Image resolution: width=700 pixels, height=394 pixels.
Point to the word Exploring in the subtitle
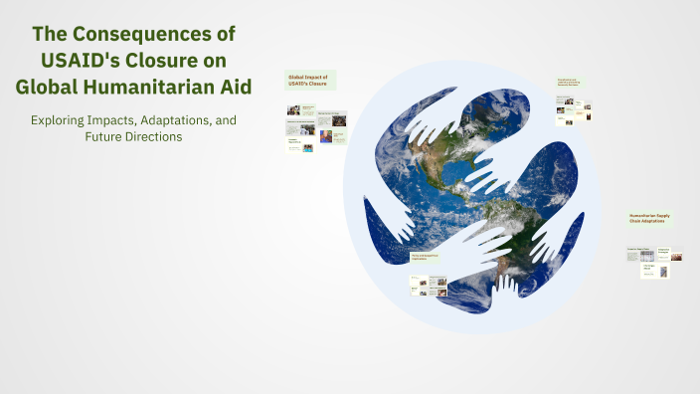60,120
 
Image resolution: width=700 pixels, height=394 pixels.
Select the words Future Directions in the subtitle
133,136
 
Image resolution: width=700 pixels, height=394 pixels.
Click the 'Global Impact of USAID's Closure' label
310,80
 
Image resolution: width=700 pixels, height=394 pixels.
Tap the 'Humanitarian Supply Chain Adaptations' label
650,220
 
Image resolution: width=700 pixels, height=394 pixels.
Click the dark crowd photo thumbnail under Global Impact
339,121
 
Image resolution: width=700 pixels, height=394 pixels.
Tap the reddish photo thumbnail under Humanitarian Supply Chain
676,257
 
